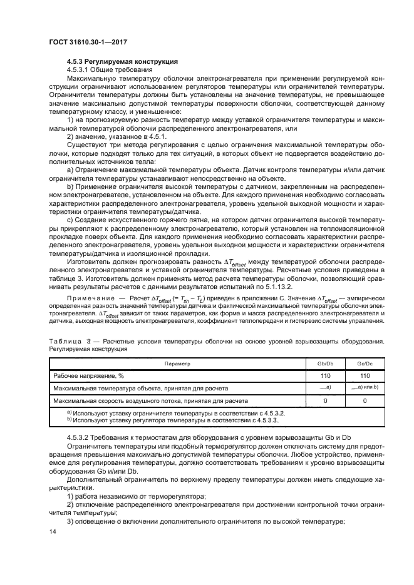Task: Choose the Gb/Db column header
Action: [x=328, y=363]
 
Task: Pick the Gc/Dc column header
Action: [x=365, y=363]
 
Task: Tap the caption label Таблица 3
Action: [x=69, y=341]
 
